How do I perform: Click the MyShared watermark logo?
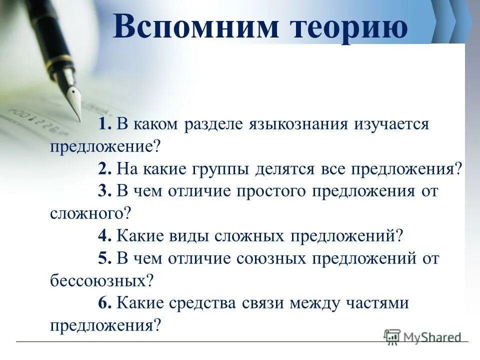click(423, 337)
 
